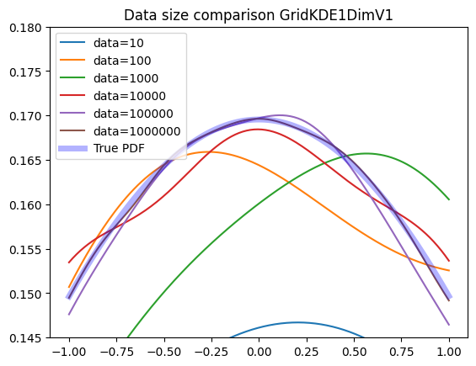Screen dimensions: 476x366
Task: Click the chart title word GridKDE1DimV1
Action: tap(336, 15)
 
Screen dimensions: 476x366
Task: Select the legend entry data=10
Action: tap(119, 43)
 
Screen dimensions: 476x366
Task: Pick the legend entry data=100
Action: tap(122, 61)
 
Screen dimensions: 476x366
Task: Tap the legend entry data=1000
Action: tap(126, 78)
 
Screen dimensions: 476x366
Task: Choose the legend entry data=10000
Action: tap(130, 96)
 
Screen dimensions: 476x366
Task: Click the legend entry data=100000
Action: tap(133, 114)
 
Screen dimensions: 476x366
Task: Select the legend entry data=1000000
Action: tap(137, 131)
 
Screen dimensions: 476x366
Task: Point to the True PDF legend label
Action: tap(119, 148)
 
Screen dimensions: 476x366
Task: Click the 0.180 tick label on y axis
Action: tap(25, 28)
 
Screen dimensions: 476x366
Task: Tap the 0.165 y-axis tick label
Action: tap(25, 161)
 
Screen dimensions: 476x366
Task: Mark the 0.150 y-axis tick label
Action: tap(25, 294)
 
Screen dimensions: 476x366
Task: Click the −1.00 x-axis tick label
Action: tap(69, 352)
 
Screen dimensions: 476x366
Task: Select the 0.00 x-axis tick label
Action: tap(259, 352)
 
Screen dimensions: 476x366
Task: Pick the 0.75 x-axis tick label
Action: tap(401, 352)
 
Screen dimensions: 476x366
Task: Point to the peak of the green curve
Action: tap(366, 153)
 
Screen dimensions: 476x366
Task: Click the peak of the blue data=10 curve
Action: tap(297, 322)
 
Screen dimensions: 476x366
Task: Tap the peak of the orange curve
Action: tap(207, 152)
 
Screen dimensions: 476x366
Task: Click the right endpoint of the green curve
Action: tap(449, 199)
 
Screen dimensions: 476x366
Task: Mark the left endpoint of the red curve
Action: tap(69, 263)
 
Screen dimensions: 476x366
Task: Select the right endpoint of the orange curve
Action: tap(449, 270)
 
